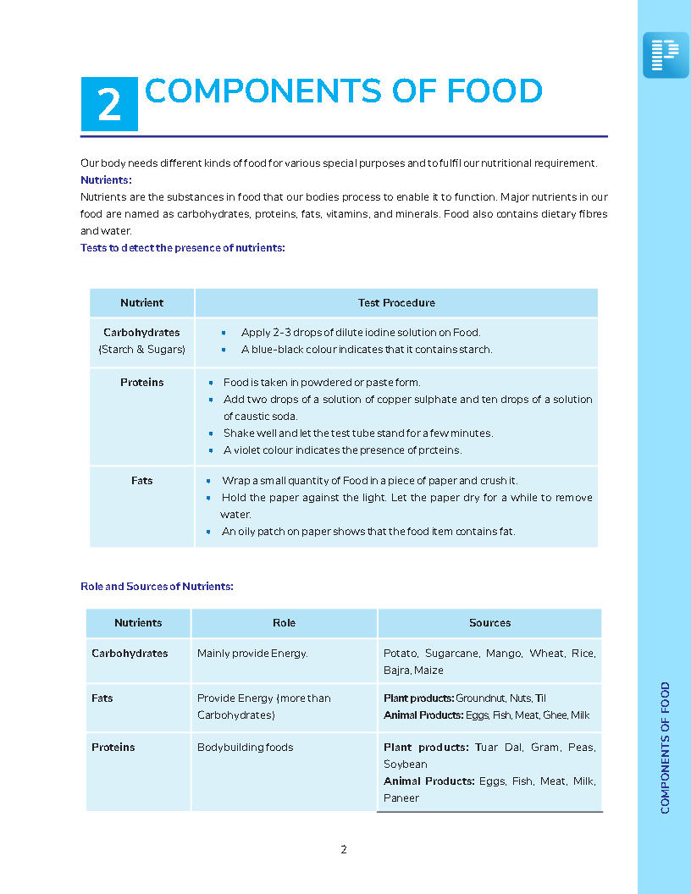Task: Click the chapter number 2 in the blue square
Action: click(109, 104)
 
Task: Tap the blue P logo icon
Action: click(666, 55)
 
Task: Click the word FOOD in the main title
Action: click(495, 91)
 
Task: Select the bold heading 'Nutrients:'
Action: click(106, 179)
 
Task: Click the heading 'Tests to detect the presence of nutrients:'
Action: click(182, 247)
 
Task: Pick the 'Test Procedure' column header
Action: click(396, 302)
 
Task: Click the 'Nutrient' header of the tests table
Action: click(141, 302)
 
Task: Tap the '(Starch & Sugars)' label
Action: click(141, 349)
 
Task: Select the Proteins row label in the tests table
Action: click(141, 382)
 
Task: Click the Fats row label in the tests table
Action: click(141, 480)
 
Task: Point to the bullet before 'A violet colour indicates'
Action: click(211, 450)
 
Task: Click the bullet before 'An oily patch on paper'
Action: click(209, 532)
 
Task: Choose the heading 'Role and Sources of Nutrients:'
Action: click(157, 586)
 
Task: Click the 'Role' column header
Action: click(284, 622)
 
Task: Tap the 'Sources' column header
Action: click(489, 622)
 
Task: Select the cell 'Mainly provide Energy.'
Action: click(252, 653)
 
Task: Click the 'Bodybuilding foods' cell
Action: click(246, 747)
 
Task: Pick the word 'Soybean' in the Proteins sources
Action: click(405, 764)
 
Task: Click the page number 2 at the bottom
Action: click(343, 849)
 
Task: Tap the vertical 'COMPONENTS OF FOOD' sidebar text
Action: click(665, 748)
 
